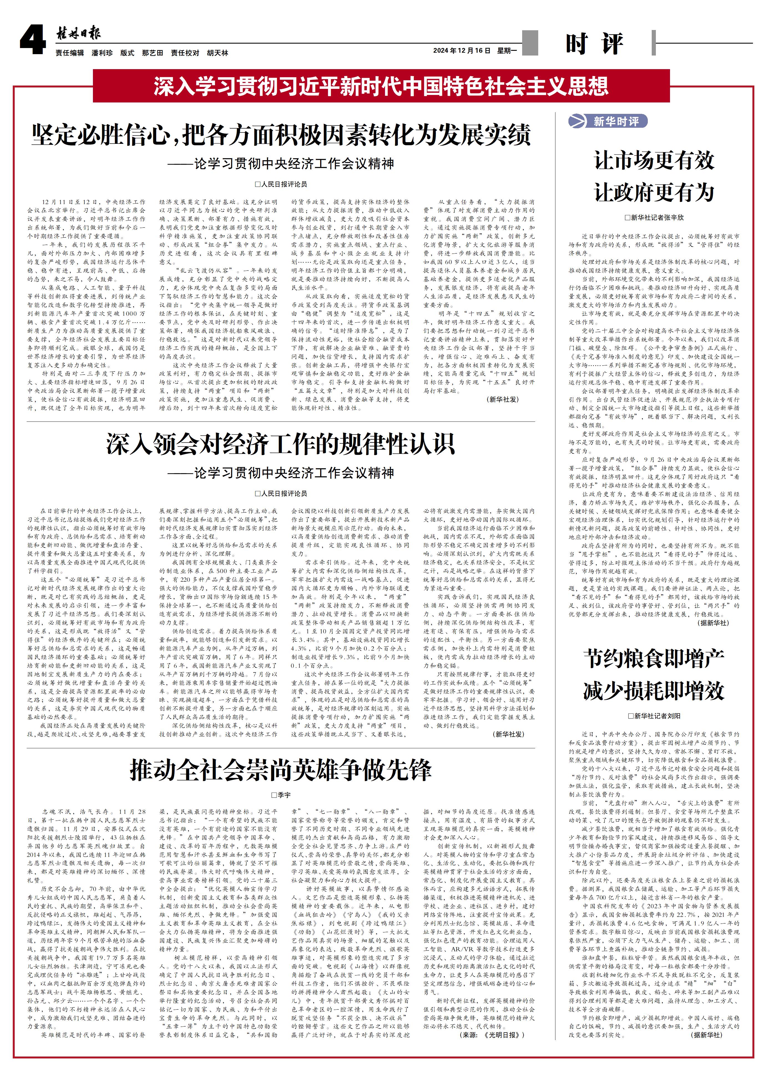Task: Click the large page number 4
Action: (32, 40)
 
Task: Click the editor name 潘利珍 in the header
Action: (102, 53)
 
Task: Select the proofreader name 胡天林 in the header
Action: (218, 53)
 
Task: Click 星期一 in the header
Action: (507, 51)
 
